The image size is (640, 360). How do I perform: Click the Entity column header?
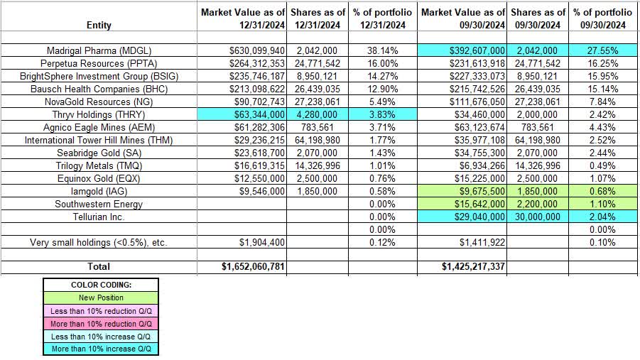[98, 25]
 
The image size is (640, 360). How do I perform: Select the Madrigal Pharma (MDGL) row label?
[98, 50]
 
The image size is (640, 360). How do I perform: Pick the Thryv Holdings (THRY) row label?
[98, 115]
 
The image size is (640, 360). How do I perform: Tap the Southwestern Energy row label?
[98, 204]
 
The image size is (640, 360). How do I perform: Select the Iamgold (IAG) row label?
[98, 192]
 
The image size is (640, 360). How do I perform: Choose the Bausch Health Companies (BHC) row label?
[98, 89]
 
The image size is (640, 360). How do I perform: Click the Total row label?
[98, 266]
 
